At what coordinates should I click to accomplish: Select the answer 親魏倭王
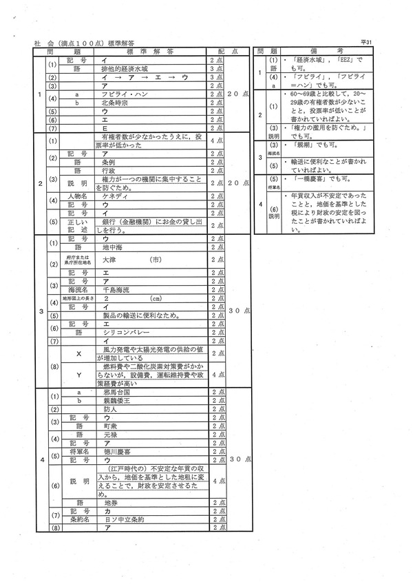point(114,400)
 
